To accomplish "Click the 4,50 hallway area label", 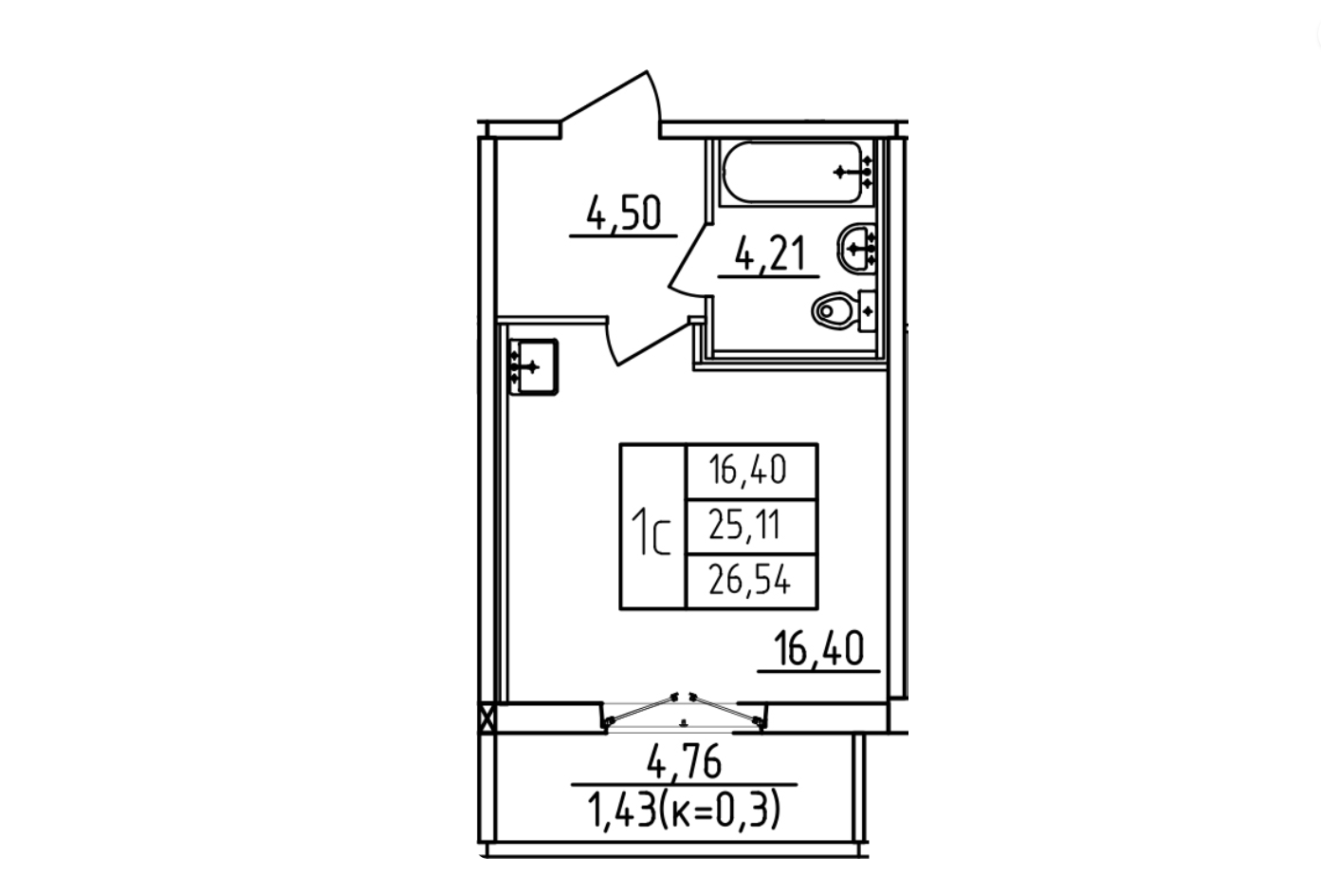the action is pos(624,214).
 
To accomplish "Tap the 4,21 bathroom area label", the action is pos(770,254).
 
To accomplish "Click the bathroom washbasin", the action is pos(855,249).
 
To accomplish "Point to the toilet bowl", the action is pos(833,310).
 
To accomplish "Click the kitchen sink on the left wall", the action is pos(533,366).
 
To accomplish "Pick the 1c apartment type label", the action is pos(651,533).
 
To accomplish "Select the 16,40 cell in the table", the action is pos(748,471).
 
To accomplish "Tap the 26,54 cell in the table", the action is pos(749,580).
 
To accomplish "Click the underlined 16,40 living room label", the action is pos(818,648).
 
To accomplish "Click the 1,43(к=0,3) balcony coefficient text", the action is pos(684,810).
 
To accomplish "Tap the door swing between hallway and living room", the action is pos(649,343).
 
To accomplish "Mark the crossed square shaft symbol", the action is pos(487,718).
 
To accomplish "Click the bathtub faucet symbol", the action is pos(853,172).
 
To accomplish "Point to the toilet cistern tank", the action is pos(867,310).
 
